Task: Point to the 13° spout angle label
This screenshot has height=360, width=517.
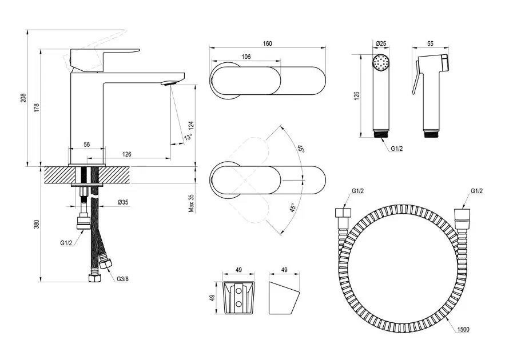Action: pos(188,137)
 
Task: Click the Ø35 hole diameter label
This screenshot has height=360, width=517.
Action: pos(122,202)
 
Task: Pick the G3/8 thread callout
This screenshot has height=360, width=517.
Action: pos(122,279)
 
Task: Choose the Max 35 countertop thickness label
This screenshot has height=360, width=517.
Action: pos(192,203)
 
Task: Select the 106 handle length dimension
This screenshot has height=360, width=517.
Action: pos(246,57)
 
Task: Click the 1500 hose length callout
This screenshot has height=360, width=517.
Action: pos(463,330)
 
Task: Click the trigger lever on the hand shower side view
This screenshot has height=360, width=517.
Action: pos(416,80)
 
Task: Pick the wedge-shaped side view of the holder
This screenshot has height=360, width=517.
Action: pos(284,297)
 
